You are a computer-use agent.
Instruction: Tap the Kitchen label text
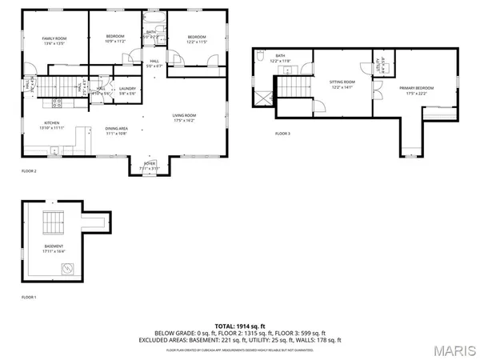coord(41,126)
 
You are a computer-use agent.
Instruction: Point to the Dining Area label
coord(117,130)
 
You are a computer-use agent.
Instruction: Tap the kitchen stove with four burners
coord(57,102)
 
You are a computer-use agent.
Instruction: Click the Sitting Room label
coord(342,84)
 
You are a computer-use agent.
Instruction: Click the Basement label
coord(54,247)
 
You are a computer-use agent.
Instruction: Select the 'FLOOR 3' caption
coord(283,134)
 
